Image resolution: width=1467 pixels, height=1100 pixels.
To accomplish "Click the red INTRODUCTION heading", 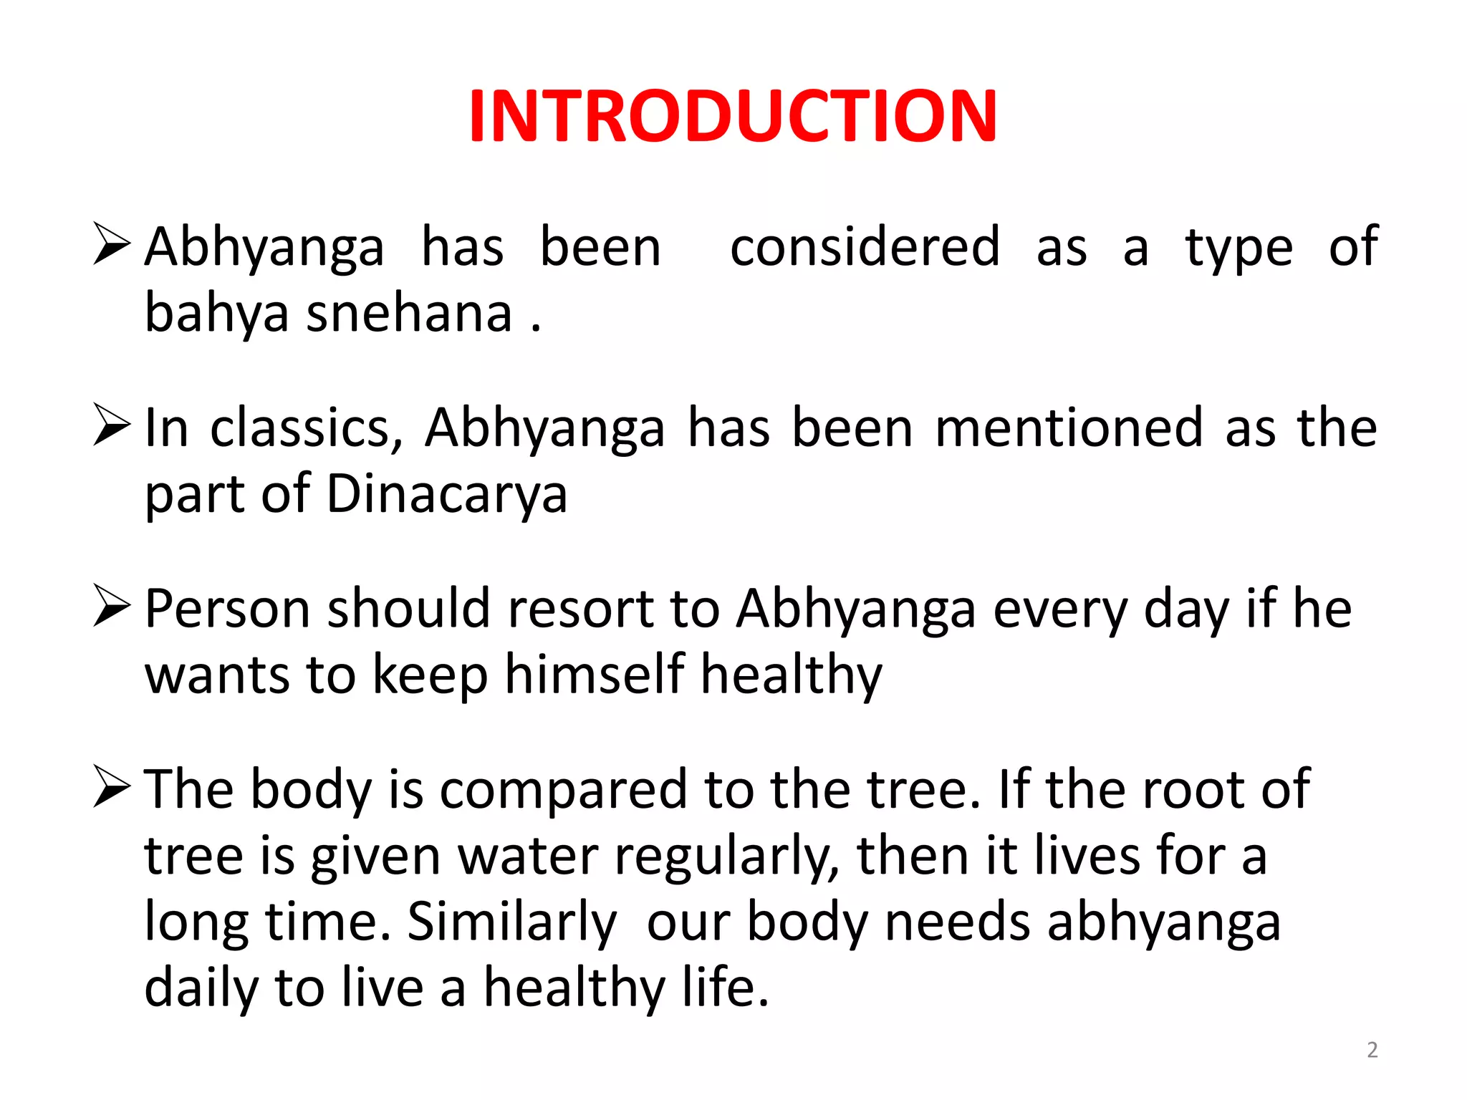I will pos(733,116).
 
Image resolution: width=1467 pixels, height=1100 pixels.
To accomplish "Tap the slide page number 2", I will pos(1372,1050).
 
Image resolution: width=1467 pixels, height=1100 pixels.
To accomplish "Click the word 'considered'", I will pos(865,247).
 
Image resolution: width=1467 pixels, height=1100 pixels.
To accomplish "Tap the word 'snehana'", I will pos(409,314).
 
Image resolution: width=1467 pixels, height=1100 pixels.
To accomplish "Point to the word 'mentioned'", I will pos(1069,428).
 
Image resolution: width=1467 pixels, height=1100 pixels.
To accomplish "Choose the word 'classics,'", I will pos(307,428).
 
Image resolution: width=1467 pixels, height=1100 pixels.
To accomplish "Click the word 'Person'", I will pos(228,609).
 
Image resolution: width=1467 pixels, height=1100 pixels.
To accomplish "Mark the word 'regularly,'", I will pos(727,857).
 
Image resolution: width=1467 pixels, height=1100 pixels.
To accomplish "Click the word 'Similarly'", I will pos(511,922).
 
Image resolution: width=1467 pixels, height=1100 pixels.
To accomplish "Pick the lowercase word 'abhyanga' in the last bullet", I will pos(1163,922).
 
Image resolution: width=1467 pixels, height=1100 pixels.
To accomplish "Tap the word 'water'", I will pos(528,857).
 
